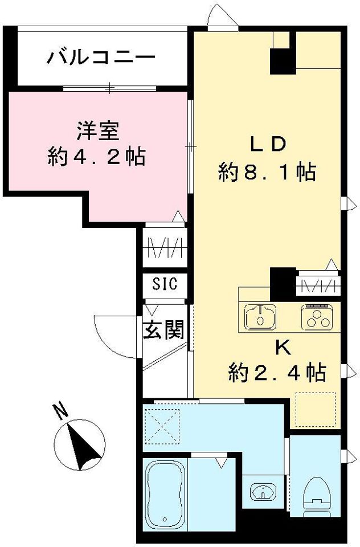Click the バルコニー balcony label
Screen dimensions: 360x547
tap(101, 57)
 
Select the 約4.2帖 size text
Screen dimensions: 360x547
tap(97, 157)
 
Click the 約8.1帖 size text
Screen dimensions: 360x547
tap(267, 172)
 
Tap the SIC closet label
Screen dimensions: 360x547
tap(165, 284)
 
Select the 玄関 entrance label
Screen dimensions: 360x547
tap(163, 330)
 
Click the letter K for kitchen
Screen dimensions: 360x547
tap(283, 348)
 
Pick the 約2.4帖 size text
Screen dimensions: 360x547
tap(277, 373)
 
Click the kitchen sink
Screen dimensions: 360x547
tap(260, 317)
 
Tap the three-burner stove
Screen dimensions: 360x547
tap(317, 317)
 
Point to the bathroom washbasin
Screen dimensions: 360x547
tap(263, 492)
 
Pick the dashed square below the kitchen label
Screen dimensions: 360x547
tap(316, 410)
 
